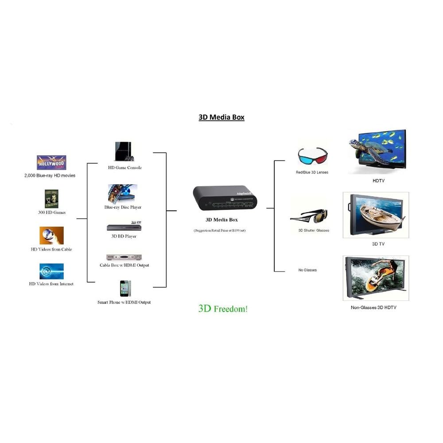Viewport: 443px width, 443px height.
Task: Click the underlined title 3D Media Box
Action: point(221,117)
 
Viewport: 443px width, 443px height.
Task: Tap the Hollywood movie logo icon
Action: point(51,163)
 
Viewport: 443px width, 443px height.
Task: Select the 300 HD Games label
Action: point(51,212)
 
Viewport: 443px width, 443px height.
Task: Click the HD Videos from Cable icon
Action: point(51,236)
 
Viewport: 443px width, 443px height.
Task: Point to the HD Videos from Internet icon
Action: point(51,271)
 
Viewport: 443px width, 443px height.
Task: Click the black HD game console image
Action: point(124,152)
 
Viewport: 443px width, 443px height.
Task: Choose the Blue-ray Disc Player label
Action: point(123,207)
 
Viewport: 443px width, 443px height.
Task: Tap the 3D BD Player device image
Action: point(124,227)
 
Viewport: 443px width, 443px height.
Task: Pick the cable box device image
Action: point(124,257)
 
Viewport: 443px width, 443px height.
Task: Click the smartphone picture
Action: point(124,288)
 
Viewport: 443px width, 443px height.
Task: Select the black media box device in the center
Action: point(225,198)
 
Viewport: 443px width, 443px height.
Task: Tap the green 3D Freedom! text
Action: point(223,309)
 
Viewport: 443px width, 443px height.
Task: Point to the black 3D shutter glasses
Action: point(310,217)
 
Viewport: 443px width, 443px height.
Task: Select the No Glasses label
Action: point(307,270)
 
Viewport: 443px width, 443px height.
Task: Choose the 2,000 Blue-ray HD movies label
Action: point(50,175)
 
